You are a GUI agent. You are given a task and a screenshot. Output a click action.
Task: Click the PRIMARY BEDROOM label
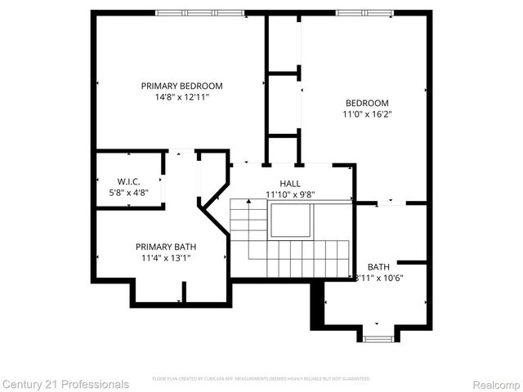click(181, 86)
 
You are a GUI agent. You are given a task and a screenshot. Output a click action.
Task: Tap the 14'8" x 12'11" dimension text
click(181, 97)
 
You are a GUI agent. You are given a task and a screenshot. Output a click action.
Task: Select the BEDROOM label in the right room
click(367, 103)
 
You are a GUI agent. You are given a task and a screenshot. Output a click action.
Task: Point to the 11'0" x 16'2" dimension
click(367, 114)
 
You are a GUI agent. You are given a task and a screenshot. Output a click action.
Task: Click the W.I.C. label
click(128, 181)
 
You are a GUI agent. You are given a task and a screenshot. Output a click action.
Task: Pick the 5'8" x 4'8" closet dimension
click(128, 193)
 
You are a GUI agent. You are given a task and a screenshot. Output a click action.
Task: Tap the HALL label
click(290, 184)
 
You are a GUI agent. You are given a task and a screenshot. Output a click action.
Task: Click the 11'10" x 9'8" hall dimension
click(290, 194)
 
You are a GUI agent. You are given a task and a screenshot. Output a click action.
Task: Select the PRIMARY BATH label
click(166, 247)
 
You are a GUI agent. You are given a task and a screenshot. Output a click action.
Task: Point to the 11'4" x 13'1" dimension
click(166, 258)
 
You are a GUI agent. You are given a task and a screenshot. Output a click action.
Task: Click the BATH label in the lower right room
click(378, 267)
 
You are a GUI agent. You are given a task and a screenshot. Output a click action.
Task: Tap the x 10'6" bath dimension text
click(383, 278)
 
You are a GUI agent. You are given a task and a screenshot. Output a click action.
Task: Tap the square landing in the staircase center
click(290, 220)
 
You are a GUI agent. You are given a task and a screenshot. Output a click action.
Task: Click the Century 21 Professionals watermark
click(65, 384)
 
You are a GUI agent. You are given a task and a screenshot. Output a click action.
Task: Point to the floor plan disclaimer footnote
click(261, 379)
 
